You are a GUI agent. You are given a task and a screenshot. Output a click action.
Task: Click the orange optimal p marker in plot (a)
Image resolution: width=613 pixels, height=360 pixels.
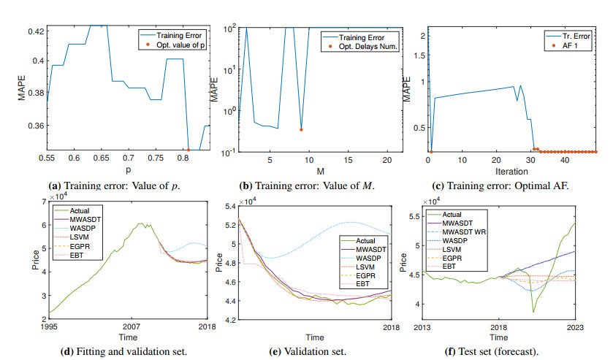pyautogui.click(x=189, y=150)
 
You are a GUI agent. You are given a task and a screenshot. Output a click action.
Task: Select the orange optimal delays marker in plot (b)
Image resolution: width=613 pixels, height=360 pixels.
pyautogui.click(x=301, y=130)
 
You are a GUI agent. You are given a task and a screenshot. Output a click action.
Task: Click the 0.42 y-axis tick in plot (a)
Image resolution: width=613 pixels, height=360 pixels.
pyautogui.click(x=34, y=31)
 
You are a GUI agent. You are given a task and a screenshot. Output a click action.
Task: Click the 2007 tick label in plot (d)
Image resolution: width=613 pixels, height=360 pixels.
pyautogui.click(x=132, y=326)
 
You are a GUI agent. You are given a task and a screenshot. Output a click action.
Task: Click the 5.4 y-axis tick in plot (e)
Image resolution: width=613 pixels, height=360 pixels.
pyautogui.click(x=231, y=207)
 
